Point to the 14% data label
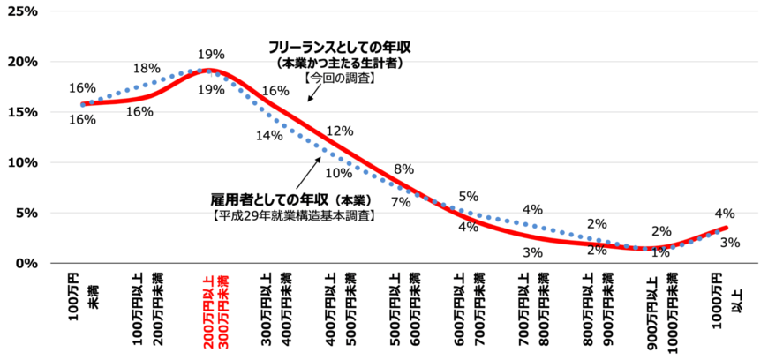click(269, 135)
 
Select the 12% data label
click(338, 131)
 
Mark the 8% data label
click(403, 169)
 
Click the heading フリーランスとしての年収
click(340, 46)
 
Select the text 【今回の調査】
click(340, 79)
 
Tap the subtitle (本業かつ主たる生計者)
click(340, 64)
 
